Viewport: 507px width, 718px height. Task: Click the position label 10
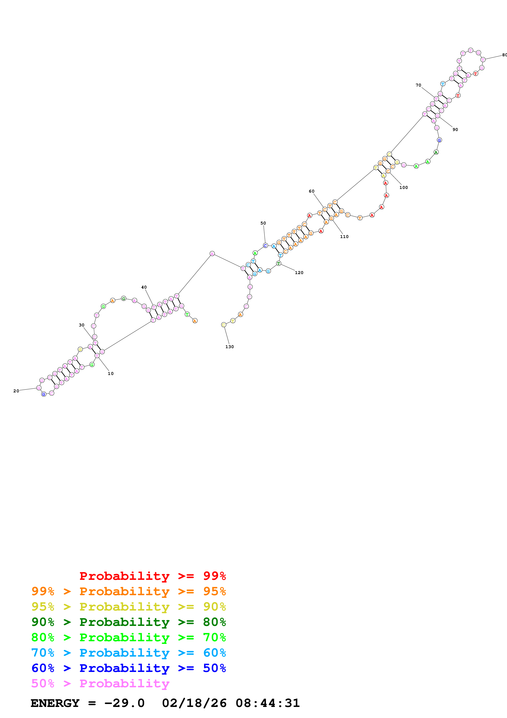tap(111, 373)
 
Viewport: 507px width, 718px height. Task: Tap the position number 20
tap(16, 391)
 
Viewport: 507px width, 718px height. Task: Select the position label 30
tap(82, 325)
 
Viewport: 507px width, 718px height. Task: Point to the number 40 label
tap(144, 287)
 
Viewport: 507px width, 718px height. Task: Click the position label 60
tap(312, 191)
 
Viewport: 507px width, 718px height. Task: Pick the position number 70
tap(418, 85)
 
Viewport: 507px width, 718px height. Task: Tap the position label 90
tap(455, 130)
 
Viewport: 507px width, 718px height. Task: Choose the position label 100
tap(404, 187)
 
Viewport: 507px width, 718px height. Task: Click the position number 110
tap(344, 236)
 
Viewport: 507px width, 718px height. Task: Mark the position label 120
tap(299, 272)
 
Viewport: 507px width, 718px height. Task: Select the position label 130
tap(230, 347)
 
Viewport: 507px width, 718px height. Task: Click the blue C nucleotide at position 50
tap(265, 245)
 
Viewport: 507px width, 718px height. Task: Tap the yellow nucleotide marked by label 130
tap(224, 325)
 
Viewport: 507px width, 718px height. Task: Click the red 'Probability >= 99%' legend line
tap(152, 576)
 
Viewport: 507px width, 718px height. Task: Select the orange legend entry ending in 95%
tap(129, 591)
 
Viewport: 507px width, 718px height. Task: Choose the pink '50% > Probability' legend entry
tap(100, 683)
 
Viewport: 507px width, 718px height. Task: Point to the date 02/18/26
tap(194, 703)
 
